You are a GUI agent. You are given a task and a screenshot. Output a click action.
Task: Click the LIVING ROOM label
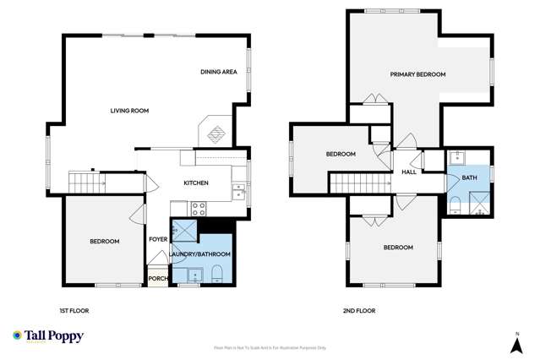coord(129,111)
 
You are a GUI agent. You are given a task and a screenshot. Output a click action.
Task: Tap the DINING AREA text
coord(218,72)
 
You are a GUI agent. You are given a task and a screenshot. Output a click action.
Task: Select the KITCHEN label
coord(196,183)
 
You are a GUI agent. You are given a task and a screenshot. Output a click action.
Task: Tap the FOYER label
coord(158,239)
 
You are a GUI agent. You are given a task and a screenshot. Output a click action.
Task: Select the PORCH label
coord(157,277)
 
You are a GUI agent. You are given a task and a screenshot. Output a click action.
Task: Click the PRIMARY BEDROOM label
coord(417,74)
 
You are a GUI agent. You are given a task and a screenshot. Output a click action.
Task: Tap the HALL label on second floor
coord(409,172)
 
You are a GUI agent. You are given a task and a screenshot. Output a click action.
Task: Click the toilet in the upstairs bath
coord(454,203)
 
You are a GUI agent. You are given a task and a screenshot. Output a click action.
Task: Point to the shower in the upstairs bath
coord(478,202)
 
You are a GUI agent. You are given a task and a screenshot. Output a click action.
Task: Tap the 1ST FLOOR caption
coord(74,311)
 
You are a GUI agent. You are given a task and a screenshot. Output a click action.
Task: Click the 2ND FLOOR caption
coord(359,311)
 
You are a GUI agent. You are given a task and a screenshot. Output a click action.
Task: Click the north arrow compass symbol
coord(515,342)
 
